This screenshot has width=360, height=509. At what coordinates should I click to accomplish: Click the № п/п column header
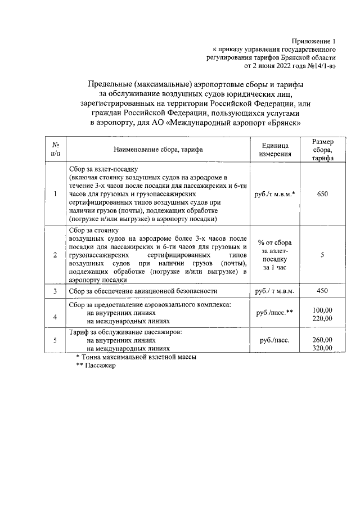(x=56, y=149)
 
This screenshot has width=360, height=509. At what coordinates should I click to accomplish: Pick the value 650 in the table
(x=322, y=194)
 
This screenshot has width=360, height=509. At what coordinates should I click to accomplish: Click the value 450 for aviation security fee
(x=322, y=291)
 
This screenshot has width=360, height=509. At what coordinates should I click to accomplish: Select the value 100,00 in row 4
(x=322, y=310)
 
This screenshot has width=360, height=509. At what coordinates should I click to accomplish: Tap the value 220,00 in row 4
(x=322, y=318)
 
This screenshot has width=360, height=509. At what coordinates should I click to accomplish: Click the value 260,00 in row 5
(x=322, y=340)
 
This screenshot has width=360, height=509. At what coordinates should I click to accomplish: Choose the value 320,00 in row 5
(x=322, y=348)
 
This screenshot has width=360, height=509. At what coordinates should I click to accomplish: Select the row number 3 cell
(x=56, y=291)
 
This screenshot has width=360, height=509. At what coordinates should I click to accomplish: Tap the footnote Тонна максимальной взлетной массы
(x=140, y=357)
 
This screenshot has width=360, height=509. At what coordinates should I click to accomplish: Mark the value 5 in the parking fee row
(x=322, y=255)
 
